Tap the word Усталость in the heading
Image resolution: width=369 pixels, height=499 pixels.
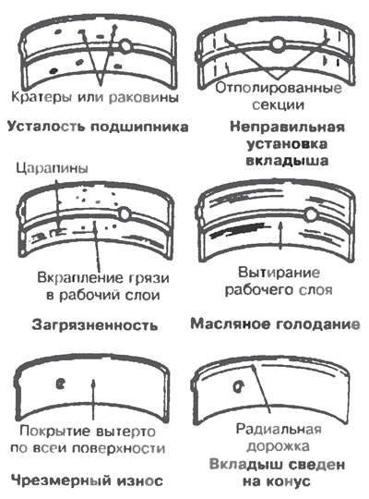pos(46,127)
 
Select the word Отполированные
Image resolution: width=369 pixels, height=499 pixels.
pos(279,88)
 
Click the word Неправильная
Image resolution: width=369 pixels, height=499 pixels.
pos(287,127)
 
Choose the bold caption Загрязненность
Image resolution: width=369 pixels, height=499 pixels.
pos(95,325)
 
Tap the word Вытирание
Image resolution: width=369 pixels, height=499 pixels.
pos(279,273)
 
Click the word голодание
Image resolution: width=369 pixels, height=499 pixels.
pos(318,324)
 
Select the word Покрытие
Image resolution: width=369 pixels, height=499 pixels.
pos(54,432)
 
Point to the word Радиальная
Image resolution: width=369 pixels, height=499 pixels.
pos(279,429)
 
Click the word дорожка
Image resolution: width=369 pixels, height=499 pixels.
pos(278,446)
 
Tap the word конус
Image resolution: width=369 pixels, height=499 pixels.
pos(290,481)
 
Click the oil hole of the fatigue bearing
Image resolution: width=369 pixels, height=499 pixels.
pos(125,45)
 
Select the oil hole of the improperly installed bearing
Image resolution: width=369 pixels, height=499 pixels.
pos(278,43)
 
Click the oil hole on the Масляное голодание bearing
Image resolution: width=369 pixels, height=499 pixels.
pos(311,214)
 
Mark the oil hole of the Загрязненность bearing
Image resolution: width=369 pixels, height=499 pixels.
pos(125,213)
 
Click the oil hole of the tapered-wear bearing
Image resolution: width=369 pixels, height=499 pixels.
pos(238,386)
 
